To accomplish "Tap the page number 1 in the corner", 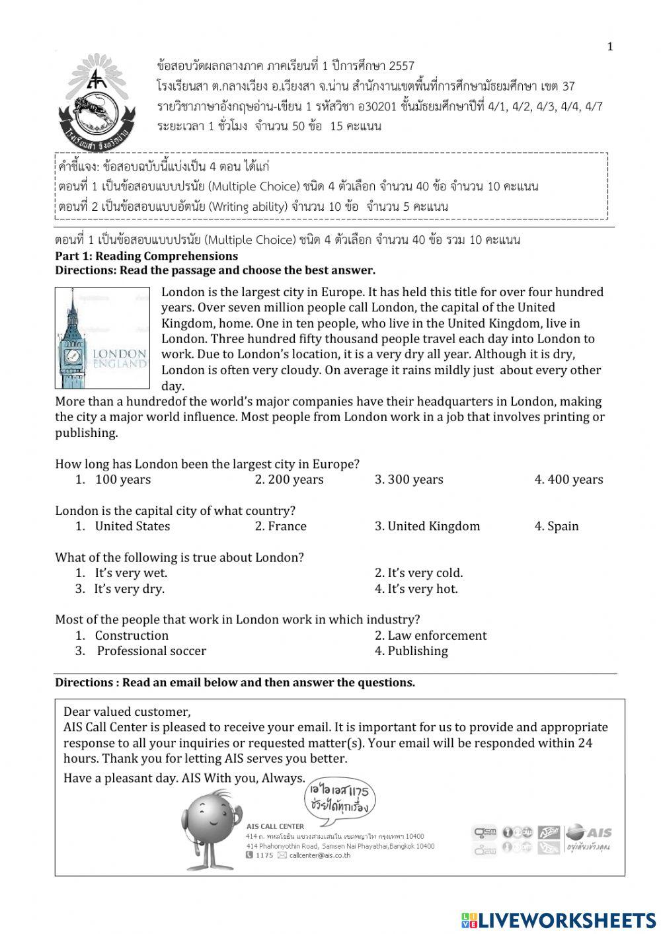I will (x=609, y=46).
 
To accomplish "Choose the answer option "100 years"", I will (x=122, y=480).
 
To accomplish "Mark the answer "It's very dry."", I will (x=129, y=589).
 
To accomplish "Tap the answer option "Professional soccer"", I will (x=151, y=651).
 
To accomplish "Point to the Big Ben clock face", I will (x=73, y=356).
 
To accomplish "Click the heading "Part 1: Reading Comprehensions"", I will (x=146, y=256).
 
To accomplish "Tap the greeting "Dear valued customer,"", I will (x=127, y=712).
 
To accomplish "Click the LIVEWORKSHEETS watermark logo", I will (x=558, y=920).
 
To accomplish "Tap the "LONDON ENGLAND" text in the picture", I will (x=119, y=359).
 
